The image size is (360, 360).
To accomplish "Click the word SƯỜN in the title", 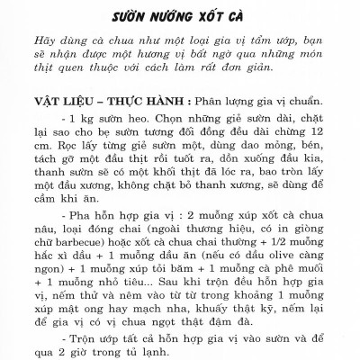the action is point(135,17).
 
